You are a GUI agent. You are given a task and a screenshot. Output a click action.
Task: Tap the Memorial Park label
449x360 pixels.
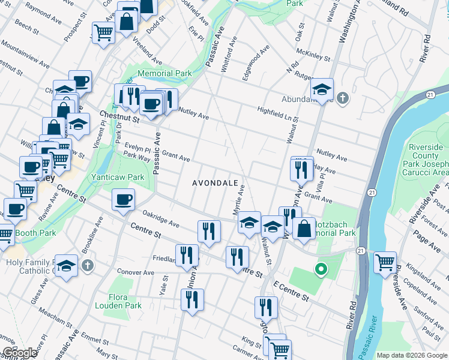pyautogui.click(x=164, y=74)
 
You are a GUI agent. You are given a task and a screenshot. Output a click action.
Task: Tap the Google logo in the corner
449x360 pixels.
pyautogui.click(x=19, y=353)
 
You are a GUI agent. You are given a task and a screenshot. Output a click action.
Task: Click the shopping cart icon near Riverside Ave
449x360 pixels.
pyautogui.click(x=385, y=262)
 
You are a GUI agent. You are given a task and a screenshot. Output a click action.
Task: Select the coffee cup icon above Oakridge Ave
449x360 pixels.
pyautogui.click(x=123, y=199)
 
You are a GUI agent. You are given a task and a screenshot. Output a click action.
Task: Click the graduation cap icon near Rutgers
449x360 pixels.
pyautogui.click(x=322, y=90)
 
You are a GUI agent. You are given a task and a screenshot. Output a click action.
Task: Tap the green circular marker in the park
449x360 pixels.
pyautogui.click(x=321, y=269)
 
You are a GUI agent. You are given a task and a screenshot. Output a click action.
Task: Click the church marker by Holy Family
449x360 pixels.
pyautogui.click(x=87, y=265)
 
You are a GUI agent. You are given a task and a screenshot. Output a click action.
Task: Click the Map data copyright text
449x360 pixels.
pyautogui.click(x=411, y=355)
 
